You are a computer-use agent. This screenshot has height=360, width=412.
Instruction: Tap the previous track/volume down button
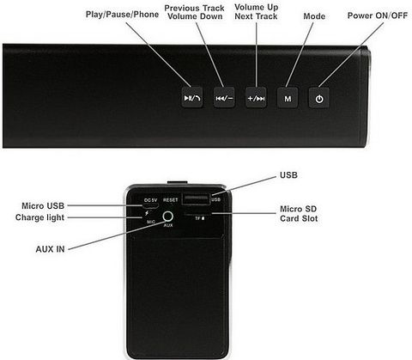pos(224,98)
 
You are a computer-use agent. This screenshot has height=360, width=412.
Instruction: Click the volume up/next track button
pos(256,98)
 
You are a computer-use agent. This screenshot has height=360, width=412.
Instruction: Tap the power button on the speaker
pos(319,98)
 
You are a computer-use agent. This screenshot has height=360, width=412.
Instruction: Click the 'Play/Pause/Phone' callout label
pos(122,15)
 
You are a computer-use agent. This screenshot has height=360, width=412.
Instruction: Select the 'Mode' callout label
pos(314,16)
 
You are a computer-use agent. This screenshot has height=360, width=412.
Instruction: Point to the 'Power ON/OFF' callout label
pos(378,15)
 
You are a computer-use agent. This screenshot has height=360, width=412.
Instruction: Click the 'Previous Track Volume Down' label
pos(195,12)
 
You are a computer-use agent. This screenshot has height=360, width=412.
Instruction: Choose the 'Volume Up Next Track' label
pos(256,12)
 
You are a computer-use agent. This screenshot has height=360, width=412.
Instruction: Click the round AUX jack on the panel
pos(168,217)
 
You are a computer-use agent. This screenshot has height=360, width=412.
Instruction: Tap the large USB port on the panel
pos(197,199)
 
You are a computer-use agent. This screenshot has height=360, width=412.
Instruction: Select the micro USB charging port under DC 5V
pos(151,206)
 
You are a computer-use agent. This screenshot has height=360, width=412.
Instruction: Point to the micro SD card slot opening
pos(198,213)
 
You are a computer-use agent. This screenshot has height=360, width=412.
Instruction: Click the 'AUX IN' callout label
pos(50,249)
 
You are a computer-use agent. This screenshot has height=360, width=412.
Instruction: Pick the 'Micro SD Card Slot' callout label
pos(299,214)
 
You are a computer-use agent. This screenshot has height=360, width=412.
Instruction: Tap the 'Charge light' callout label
pos(39,217)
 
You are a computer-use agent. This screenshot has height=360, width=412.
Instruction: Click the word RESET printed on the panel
pos(171,200)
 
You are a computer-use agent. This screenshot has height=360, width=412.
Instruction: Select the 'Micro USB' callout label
pos(43,205)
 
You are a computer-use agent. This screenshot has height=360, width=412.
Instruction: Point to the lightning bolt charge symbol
pos(147,213)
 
